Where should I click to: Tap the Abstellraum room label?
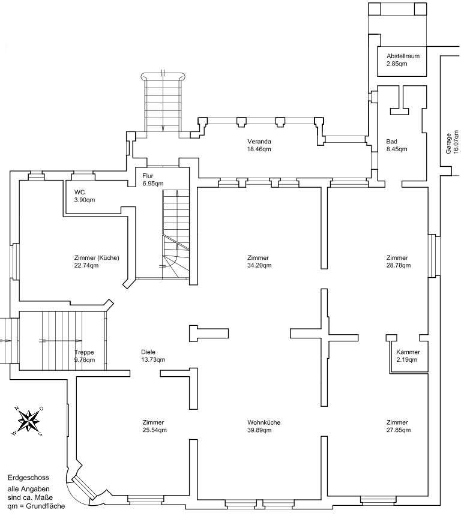pyautogui.click(x=402, y=56)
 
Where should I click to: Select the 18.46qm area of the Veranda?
pyautogui.click(x=259, y=149)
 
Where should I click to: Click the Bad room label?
pyautogui.click(x=392, y=142)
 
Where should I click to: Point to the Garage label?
pyautogui.click(x=448, y=143)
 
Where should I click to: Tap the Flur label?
pyautogui.click(x=148, y=176)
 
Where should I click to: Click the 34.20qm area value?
pyautogui.click(x=259, y=265)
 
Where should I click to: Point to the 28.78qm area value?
pyautogui.click(x=398, y=265)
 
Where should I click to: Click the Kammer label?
pyautogui.click(x=408, y=352)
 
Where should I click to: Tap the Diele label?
pyautogui.click(x=148, y=352)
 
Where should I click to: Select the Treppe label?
pyautogui.click(x=84, y=352)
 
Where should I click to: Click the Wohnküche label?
pyautogui.click(x=264, y=422)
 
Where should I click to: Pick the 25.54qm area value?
pyautogui.click(x=154, y=430)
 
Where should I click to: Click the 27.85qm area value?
pyautogui.click(x=398, y=430)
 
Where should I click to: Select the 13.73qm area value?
pyautogui.click(x=153, y=360)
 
